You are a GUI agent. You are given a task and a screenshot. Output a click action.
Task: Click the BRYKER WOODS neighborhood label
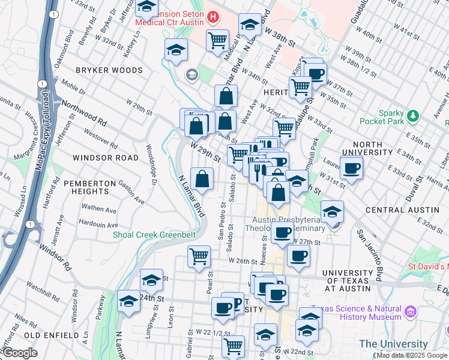pyautogui.click(x=109, y=70)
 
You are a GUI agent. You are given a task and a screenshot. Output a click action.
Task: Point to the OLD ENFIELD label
pyautogui.click(x=51, y=334)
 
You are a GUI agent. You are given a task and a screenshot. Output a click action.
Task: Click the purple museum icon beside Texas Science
pyautogui.click(x=411, y=311)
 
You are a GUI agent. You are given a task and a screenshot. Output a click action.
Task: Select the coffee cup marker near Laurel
pyautogui.click(x=352, y=167)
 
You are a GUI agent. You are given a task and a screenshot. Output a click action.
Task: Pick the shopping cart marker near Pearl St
pyautogui.click(x=199, y=256)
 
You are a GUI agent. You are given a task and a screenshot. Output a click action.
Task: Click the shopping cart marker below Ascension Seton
pyautogui.click(x=217, y=40)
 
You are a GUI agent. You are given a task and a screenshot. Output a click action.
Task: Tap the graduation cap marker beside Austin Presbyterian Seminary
pyautogui.click(x=332, y=211)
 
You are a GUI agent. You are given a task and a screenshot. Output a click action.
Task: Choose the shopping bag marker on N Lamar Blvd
pyautogui.click(x=202, y=178)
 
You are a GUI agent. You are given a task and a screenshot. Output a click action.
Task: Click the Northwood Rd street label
pyautogui.click(x=85, y=112)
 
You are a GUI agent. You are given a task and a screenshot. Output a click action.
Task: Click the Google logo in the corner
pyautogui.click(x=21, y=353)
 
